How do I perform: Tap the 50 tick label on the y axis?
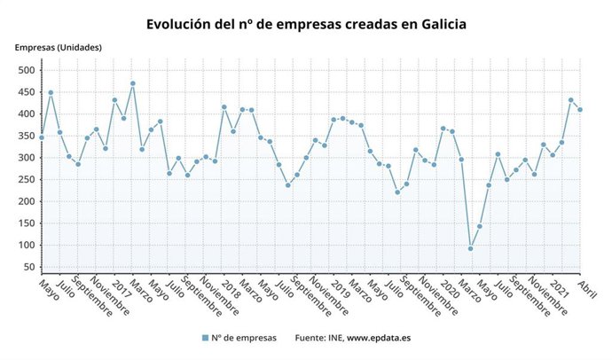pos(28,267)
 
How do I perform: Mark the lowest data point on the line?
pos(470,248)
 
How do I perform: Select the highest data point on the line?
pos(133,83)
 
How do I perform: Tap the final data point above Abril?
pos(580,110)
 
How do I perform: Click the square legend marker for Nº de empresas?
pos(205,338)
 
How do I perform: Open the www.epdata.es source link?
pos(379,338)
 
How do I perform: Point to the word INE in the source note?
pos(333,338)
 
